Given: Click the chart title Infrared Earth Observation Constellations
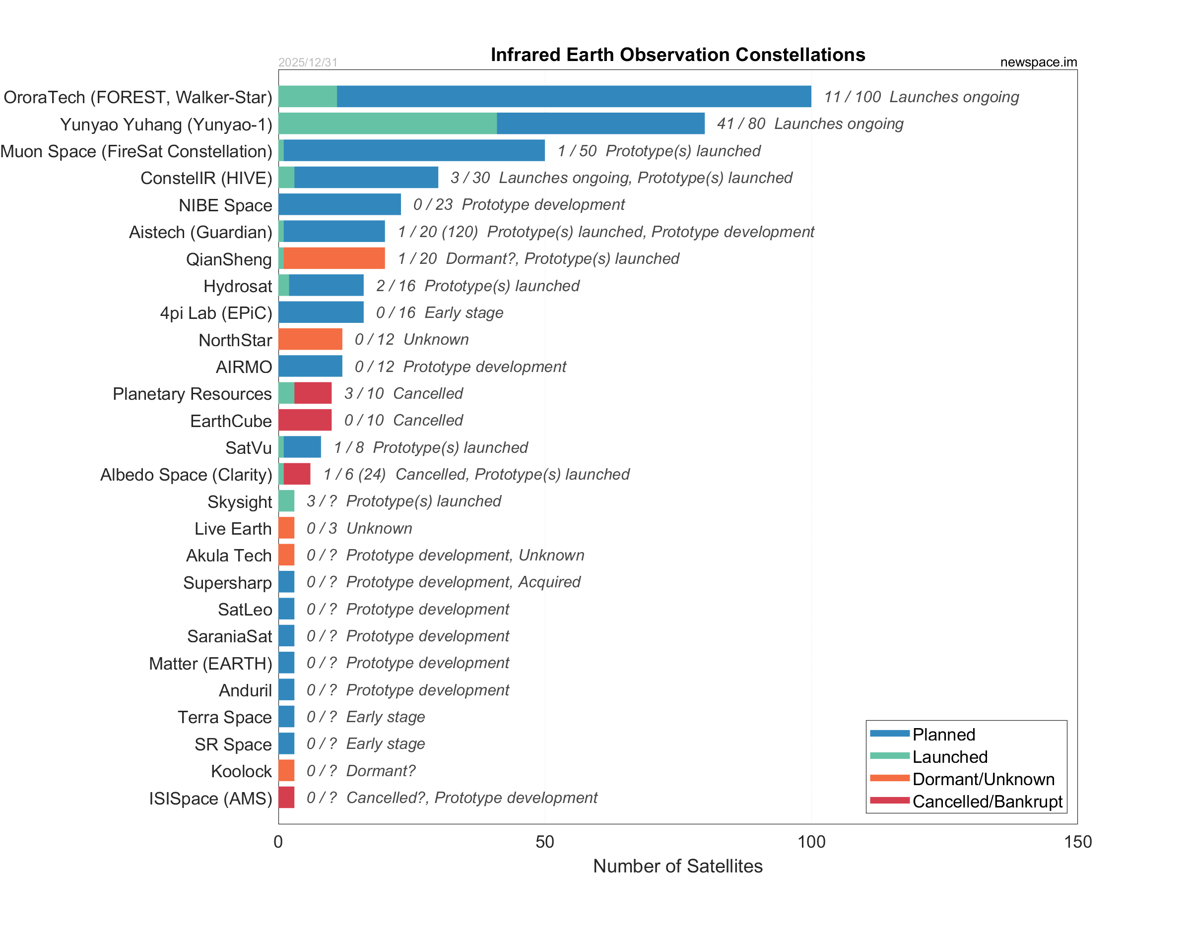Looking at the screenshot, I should [x=677, y=55].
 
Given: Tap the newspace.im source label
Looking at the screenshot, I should [x=1038, y=62].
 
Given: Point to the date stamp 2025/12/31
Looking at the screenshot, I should [x=308, y=62].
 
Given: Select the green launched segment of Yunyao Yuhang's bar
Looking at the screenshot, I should [x=387, y=123].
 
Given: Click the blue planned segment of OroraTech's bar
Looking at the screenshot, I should [x=574, y=97].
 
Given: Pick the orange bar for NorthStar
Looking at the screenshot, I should [x=310, y=339].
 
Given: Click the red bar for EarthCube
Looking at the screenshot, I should [x=305, y=420].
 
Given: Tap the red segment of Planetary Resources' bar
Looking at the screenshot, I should [x=313, y=393].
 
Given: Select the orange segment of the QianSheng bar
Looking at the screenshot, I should [x=334, y=258].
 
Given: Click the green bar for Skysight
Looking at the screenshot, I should [x=286, y=501].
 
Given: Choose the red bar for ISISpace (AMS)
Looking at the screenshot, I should [x=286, y=798].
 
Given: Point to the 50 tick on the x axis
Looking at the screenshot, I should [x=544, y=842].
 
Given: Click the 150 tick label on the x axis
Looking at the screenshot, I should [x=1077, y=842].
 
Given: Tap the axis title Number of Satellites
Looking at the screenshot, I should [x=677, y=866].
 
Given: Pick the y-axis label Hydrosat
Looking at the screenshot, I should [x=237, y=286].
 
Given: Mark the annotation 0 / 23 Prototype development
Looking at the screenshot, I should [x=519, y=204].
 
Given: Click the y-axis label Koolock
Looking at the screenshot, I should [x=241, y=771].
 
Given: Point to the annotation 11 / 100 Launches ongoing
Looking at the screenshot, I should [x=921, y=97].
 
